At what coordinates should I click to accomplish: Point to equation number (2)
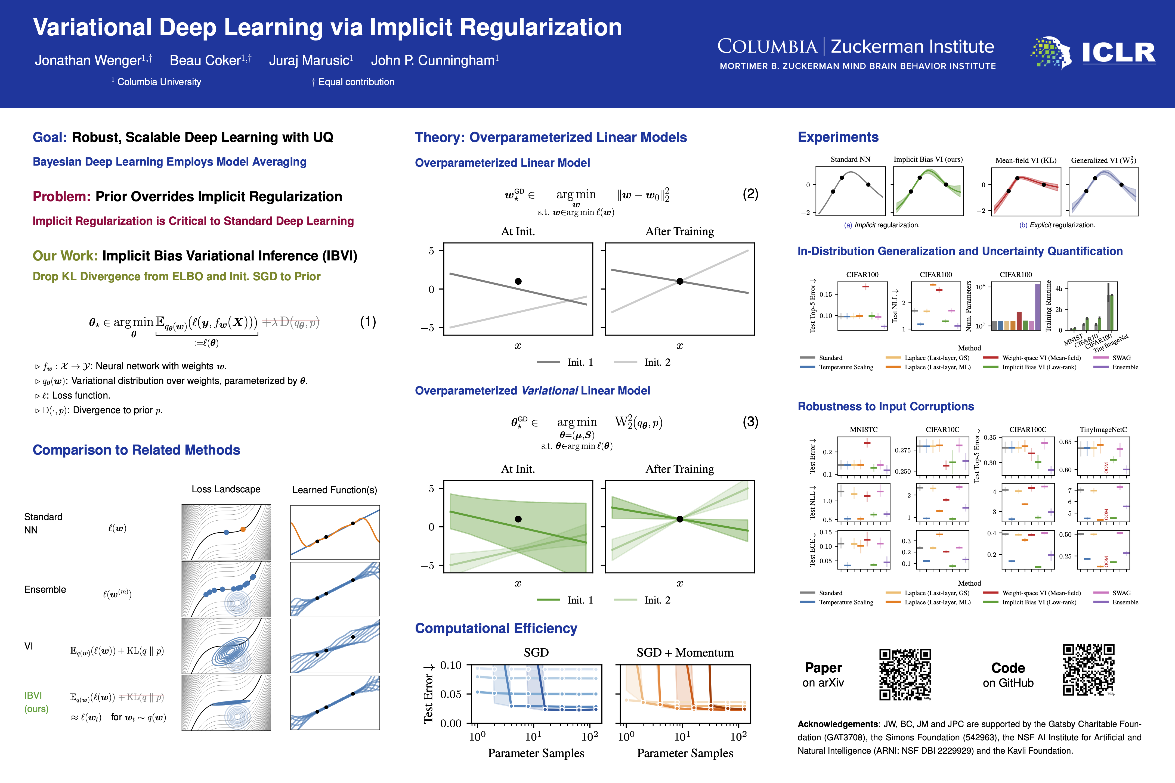(750, 194)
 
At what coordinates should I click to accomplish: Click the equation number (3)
(750, 422)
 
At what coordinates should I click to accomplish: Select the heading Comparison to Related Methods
(136, 450)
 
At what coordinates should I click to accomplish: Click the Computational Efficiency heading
(496, 628)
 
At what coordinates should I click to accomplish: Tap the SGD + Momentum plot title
(685, 653)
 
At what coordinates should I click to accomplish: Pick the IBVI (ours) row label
(36, 702)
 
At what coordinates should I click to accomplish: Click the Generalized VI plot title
(1103, 160)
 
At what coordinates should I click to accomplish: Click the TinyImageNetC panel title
(1103, 430)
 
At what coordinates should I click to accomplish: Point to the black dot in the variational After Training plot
(679, 519)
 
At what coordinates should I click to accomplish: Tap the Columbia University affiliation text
(159, 82)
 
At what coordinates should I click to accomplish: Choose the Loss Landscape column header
(226, 489)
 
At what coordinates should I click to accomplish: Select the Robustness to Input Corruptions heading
(885, 406)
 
